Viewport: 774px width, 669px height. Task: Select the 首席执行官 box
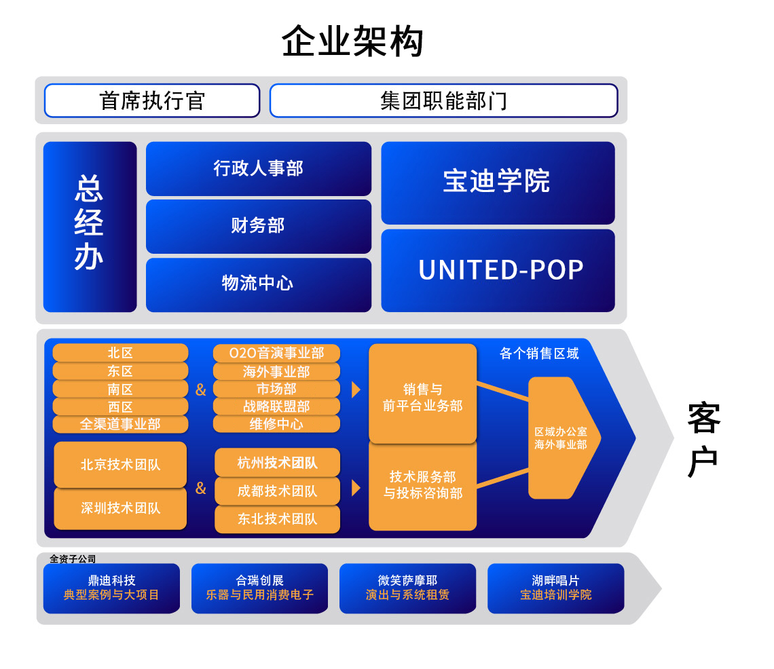(152, 100)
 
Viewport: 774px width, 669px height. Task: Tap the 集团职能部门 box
(443, 100)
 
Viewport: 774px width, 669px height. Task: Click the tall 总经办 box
(90, 227)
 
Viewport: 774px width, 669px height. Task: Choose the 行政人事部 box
(258, 168)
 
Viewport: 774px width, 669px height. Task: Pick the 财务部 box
(258, 225)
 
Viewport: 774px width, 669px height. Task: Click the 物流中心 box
(258, 284)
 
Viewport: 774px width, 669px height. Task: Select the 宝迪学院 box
(497, 182)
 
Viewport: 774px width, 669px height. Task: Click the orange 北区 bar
(120, 353)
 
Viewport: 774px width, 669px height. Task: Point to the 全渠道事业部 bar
(120, 424)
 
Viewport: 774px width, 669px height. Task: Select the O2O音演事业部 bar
(276, 353)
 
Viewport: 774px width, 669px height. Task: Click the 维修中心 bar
(276, 424)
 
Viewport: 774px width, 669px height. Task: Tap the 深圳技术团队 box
(120, 508)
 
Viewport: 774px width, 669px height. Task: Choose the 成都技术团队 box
(277, 491)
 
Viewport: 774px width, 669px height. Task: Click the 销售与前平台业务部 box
(422, 398)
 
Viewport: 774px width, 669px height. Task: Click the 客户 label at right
(703, 440)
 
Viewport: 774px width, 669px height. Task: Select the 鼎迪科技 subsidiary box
(111, 588)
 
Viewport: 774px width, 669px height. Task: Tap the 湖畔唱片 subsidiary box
(555, 588)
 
